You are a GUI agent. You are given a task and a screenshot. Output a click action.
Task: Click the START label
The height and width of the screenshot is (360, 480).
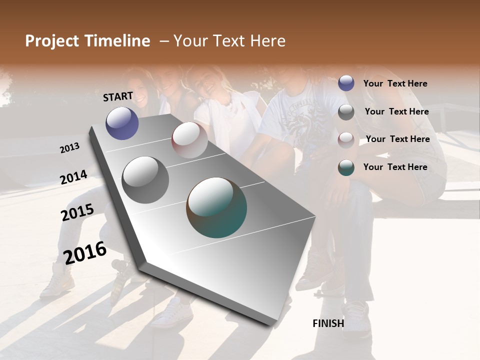tap(118, 96)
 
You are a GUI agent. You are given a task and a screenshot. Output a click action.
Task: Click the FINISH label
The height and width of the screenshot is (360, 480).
tap(328, 323)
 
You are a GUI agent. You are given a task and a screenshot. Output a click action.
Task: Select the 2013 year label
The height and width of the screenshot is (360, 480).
tap(70, 148)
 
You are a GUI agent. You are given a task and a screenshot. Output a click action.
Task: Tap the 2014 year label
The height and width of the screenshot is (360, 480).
tap(74, 177)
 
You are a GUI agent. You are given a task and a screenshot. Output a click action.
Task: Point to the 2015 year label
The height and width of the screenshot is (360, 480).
tap(77, 213)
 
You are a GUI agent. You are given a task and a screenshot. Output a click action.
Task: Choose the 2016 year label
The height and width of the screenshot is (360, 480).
tap(85, 252)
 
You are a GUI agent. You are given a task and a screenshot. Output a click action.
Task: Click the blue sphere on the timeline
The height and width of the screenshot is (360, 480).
tap(122, 123)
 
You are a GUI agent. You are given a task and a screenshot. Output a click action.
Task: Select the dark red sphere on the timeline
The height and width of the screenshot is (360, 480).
tap(189, 140)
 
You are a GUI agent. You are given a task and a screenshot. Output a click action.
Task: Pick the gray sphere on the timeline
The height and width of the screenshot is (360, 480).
tap(145, 180)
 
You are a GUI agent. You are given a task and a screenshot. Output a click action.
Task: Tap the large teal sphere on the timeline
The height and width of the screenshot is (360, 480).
tap(216, 207)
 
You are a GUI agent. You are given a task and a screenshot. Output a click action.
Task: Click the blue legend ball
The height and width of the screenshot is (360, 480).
tap(346, 83)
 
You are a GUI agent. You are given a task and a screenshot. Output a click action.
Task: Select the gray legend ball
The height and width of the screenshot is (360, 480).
tap(346, 112)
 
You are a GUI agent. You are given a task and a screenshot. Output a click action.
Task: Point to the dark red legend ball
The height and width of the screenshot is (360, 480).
tap(346, 139)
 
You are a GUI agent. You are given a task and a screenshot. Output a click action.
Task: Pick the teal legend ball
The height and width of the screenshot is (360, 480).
tap(346, 167)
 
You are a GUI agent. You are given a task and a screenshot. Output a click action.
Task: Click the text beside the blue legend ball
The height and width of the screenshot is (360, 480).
tap(395, 83)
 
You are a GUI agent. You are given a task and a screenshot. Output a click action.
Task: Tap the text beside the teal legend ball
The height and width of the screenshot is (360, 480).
tap(395, 167)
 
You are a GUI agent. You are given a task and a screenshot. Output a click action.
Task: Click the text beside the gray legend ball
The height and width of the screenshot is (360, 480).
tap(396, 111)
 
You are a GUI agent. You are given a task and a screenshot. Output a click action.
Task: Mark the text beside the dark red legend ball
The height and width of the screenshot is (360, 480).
tap(397, 139)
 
